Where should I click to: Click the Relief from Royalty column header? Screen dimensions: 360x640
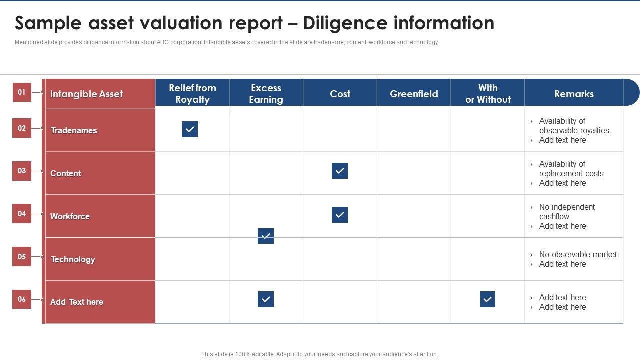(x=192, y=93)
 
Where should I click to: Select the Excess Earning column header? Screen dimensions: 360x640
(x=266, y=93)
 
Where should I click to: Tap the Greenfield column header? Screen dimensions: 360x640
(x=414, y=94)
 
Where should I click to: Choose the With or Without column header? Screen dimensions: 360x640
(x=488, y=93)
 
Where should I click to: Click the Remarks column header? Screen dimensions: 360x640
(x=574, y=94)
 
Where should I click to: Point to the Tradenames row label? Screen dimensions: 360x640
(x=74, y=130)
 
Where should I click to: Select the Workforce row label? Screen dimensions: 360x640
(x=70, y=216)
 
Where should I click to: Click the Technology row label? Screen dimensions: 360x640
(x=73, y=259)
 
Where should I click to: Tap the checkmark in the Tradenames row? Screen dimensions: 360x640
(x=190, y=129)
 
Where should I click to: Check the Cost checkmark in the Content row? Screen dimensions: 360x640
(x=340, y=171)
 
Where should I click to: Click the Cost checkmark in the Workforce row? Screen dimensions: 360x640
(x=340, y=215)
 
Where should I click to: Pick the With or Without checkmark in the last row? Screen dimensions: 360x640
(x=487, y=299)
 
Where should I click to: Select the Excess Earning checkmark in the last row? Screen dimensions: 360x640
(x=266, y=299)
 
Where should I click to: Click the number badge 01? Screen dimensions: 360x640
(x=22, y=92)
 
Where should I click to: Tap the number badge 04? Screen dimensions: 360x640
(x=22, y=214)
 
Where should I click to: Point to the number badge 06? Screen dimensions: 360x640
(x=22, y=299)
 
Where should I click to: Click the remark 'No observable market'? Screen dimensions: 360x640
(x=578, y=254)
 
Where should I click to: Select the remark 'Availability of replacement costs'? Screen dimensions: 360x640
(x=571, y=169)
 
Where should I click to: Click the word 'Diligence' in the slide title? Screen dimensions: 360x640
(x=345, y=23)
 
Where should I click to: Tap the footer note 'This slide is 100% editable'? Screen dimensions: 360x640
(x=320, y=354)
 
